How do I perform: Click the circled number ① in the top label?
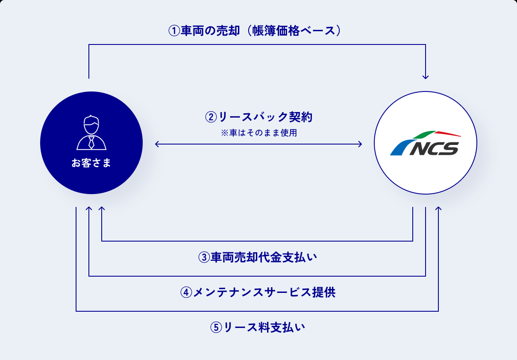[174, 31]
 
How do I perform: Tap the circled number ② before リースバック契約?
[211, 116]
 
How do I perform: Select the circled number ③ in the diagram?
[204, 257]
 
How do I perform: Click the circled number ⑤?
[216, 328]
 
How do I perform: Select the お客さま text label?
[91, 163]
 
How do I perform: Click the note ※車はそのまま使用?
[258, 133]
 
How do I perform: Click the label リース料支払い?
[265, 328]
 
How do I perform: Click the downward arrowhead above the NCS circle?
[426, 77]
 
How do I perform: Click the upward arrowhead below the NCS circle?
[438, 209]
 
